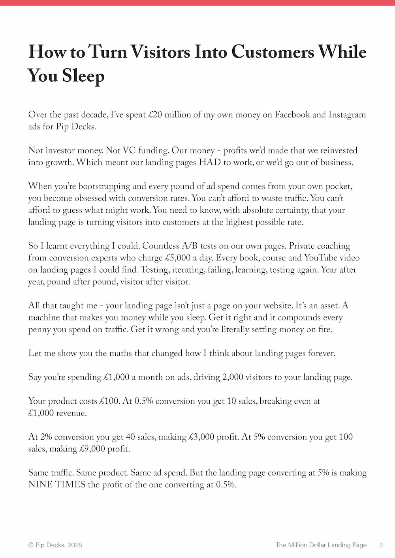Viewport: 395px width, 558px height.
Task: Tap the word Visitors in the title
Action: click(x=160, y=52)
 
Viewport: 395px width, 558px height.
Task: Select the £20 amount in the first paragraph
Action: click(x=155, y=115)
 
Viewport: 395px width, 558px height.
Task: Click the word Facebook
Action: click(x=292, y=115)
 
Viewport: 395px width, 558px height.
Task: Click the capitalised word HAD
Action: click(x=209, y=162)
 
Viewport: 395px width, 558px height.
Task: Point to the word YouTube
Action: click(x=320, y=258)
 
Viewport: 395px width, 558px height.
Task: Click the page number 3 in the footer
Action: click(x=381, y=545)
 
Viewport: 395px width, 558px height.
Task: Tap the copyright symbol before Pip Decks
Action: click(x=31, y=545)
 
